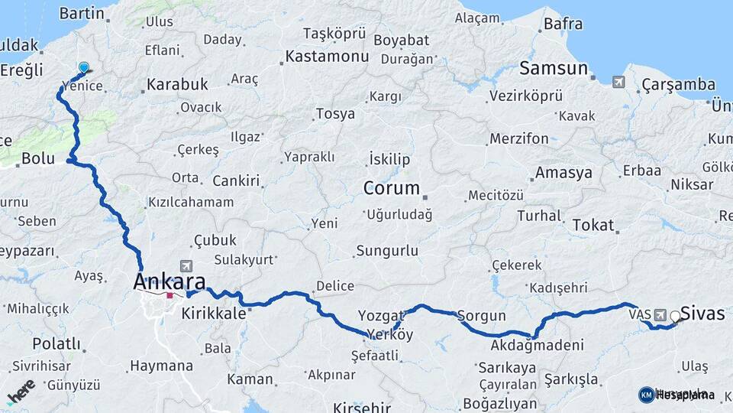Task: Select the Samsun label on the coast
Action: (x=554, y=68)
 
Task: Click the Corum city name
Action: (x=391, y=187)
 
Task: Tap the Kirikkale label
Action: (x=213, y=314)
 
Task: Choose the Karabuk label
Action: (x=177, y=83)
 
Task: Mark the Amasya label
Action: (x=563, y=173)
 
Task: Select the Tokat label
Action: (x=593, y=225)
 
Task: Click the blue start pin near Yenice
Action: (x=83, y=68)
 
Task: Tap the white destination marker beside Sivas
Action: (x=675, y=316)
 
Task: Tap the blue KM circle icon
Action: (x=646, y=395)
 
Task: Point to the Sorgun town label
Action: (x=482, y=315)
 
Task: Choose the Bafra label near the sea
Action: (x=563, y=24)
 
